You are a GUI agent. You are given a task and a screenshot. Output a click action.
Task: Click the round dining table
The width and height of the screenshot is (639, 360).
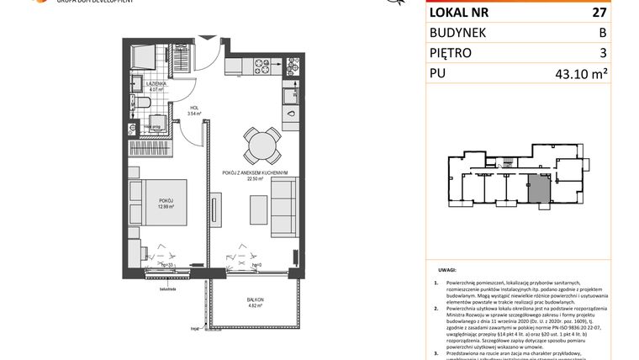click(x=259, y=146)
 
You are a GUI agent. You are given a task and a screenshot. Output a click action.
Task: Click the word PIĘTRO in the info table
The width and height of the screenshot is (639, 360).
click(x=455, y=53)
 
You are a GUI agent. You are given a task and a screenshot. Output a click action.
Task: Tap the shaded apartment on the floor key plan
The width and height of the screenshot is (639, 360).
click(x=536, y=188)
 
